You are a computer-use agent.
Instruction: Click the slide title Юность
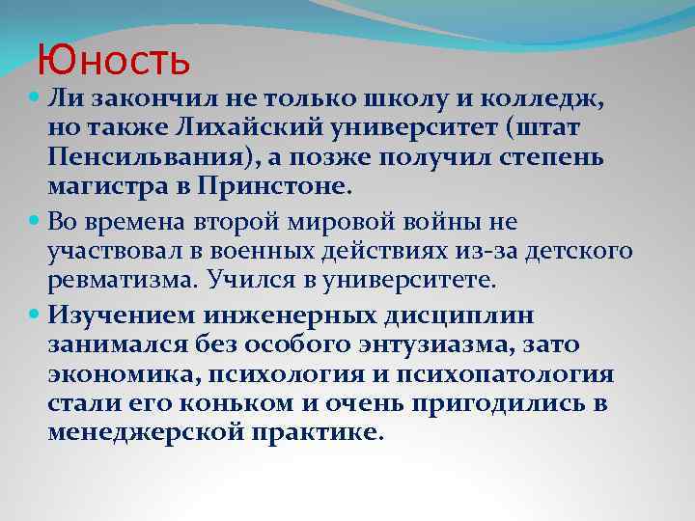coord(114,61)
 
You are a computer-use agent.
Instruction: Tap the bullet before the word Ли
coord(36,98)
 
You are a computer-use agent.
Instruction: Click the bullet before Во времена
coord(36,223)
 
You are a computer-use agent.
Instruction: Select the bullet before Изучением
coord(36,315)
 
